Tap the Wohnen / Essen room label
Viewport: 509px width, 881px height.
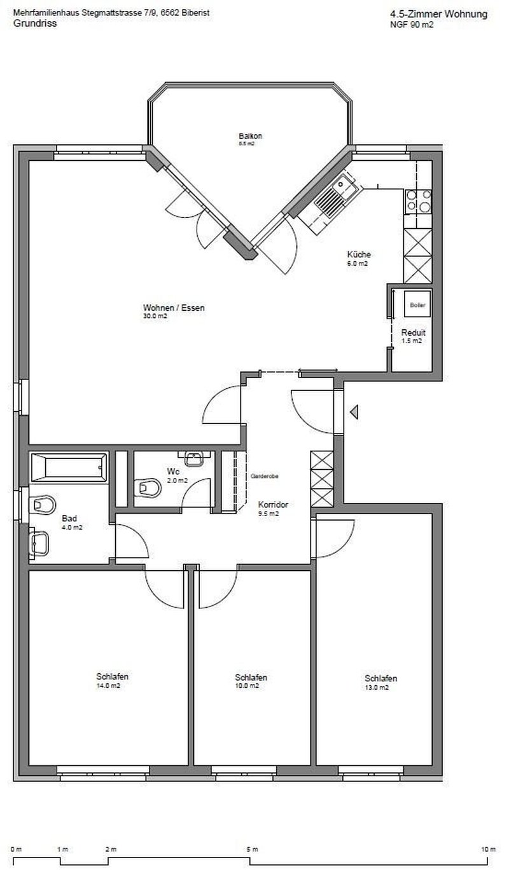coord(164,308)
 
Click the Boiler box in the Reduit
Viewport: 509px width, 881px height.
coord(417,304)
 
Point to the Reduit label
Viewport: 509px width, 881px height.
coord(413,332)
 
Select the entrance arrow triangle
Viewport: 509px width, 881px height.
coord(354,413)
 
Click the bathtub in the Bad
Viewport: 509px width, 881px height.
coord(69,468)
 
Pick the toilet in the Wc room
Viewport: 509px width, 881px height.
coord(148,488)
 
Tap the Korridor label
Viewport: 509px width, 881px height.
coord(273,505)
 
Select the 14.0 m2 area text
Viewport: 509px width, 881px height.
coord(108,686)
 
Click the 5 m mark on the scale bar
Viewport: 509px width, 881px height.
coord(252,849)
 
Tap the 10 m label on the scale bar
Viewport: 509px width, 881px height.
coord(488,849)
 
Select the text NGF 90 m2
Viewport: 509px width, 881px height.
coord(412,25)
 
